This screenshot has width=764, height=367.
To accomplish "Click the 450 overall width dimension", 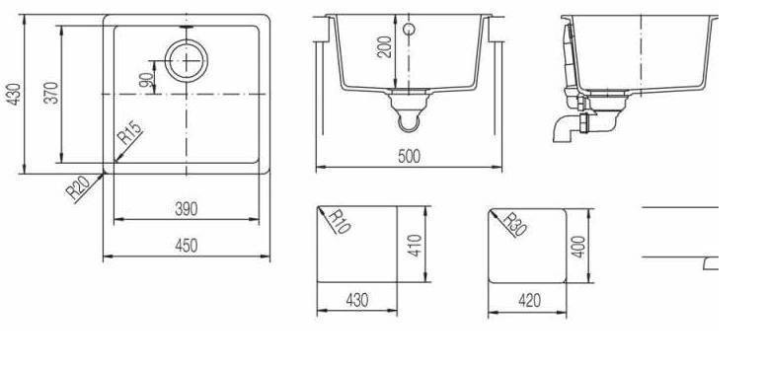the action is (x=187, y=246).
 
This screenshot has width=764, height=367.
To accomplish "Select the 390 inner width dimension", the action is (x=187, y=209).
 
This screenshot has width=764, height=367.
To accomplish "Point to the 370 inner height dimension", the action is (x=51, y=93).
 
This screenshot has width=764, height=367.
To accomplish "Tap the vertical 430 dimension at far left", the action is (x=14, y=95).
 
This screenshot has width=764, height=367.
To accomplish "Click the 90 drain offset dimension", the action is (x=146, y=79).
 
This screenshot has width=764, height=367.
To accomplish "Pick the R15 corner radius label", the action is (x=130, y=132).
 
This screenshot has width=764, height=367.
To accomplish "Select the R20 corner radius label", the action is (x=78, y=187).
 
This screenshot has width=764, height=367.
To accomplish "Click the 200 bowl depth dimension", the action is (x=384, y=46).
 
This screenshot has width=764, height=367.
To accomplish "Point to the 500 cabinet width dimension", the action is (x=409, y=156).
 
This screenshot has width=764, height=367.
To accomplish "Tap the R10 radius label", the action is (x=340, y=222).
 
